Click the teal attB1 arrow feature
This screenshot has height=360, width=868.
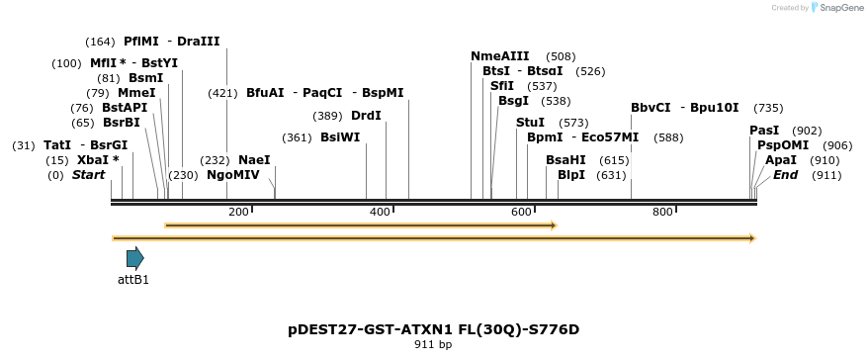point(134,259)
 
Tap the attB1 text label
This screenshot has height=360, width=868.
point(133,280)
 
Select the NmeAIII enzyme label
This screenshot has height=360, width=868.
point(500,56)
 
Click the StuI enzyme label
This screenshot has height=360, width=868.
point(530,123)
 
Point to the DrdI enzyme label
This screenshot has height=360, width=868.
point(366,116)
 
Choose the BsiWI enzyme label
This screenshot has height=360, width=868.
point(340,137)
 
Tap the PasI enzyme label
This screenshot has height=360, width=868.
point(764,131)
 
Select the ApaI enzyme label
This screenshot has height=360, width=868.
point(781,160)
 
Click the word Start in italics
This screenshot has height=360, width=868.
point(88,175)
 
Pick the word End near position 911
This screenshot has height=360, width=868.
point(785,175)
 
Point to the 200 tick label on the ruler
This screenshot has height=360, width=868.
point(238,212)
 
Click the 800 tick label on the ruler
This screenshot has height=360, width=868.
point(662,212)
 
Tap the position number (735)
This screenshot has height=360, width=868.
point(768,108)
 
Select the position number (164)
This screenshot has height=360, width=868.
point(100,42)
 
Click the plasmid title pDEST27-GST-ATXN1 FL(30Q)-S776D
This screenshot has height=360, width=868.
point(433,329)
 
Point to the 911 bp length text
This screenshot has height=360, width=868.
point(433,345)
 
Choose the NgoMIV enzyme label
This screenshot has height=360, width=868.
point(233,175)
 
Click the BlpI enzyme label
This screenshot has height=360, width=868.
point(571,175)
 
